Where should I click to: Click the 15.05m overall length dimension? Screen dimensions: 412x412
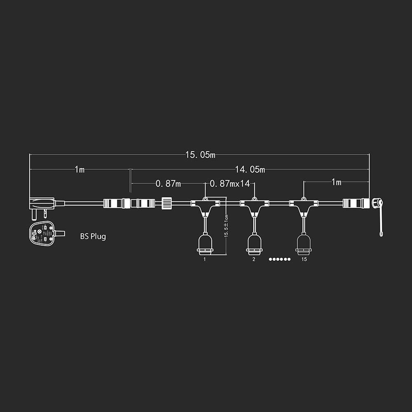tap(200, 155)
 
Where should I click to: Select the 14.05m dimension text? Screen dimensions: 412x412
tap(250, 169)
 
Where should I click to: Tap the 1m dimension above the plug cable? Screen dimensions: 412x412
tap(80, 170)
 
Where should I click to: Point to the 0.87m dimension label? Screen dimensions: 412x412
tap(168, 184)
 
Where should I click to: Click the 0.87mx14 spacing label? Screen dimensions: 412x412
tap(229, 184)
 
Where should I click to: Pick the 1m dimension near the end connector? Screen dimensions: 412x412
tap(336, 182)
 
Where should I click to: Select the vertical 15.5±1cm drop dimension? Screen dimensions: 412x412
tap(226, 227)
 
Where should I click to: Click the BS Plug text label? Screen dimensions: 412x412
tap(93, 236)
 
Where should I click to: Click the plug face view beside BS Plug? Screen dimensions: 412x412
tap(43, 233)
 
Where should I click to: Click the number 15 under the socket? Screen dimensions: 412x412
tap(304, 259)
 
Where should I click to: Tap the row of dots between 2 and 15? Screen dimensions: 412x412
tap(280, 259)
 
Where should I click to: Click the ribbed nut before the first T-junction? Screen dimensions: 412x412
tap(166, 203)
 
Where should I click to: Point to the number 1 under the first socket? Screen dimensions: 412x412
tap(205, 259)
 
